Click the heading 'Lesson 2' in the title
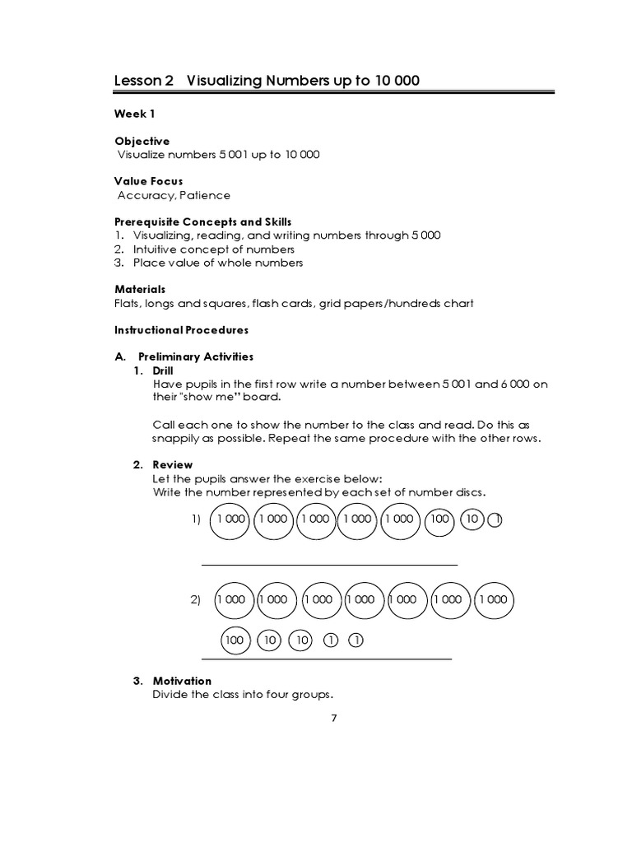tap(144, 81)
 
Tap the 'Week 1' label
tap(135, 114)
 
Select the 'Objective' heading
tap(142, 141)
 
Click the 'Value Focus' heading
tap(149, 181)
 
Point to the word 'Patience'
tap(205, 195)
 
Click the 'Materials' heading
tap(140, 289)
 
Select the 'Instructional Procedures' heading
tap(182, 329)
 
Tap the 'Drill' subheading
tap(165, 370)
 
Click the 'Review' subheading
tap(172, 465)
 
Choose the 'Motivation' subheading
tap(182, 681)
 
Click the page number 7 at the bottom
tap(333, 717)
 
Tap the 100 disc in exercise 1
tap(440, 519)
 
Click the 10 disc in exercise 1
tap(472, 519)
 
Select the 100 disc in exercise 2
tap(235, 640)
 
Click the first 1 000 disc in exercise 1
tap(231, 519)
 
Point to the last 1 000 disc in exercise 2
tap(494, 599)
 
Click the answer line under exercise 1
tap(329, 565)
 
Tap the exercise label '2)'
tap(196, 601)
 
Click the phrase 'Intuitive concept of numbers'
tap(213, 249)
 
